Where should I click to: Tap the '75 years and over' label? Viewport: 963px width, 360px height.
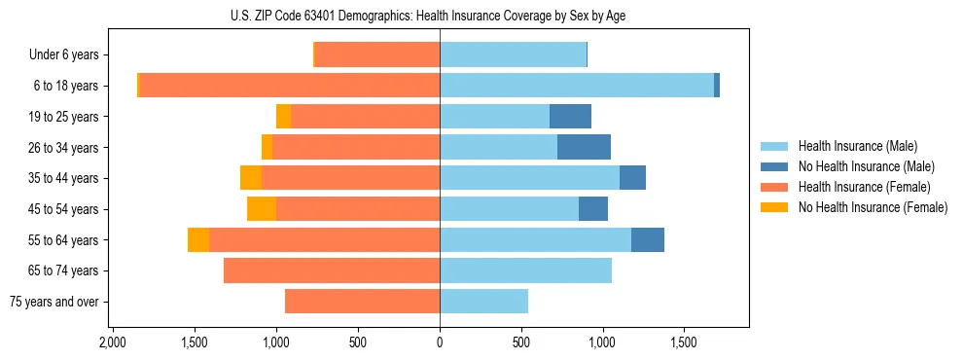(x=54, y=302)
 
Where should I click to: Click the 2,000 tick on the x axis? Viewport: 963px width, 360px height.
(x=113, y=342)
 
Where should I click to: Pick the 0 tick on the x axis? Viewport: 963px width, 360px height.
(x=440, y=342)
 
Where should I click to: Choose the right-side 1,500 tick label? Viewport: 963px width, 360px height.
(x=684, y=342)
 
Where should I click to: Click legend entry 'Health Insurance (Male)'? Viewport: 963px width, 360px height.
(x=858, y=146)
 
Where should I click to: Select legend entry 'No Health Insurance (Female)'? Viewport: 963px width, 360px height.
(x=873, y=207)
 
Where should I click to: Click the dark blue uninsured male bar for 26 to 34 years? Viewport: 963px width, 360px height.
(x=584, y=147)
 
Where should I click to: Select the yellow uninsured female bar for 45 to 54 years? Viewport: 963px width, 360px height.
(x=262, y=209)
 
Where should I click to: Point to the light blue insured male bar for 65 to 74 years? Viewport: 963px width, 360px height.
(x=525, y=270)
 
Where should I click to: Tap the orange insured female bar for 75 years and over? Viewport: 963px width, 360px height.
(x=362, y=302)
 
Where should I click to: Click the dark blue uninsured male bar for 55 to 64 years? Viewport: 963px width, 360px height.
(x=648, y=239)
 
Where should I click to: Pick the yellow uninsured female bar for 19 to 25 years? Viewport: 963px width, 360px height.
(x=283, y=117)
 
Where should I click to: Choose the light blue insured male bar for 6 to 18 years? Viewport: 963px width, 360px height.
(x=576, y=86)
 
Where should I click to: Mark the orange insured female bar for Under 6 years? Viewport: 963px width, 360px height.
(x=377, y=54)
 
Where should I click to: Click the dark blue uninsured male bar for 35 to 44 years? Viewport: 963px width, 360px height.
(x=632, y=178)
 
